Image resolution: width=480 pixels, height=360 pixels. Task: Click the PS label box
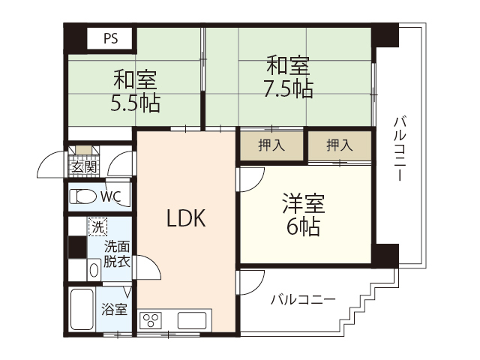(110, 37)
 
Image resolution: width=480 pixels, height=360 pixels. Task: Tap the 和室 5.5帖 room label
(136, 90)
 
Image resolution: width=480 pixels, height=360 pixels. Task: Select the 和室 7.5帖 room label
(288, 77)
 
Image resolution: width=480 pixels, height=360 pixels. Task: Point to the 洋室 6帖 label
(303, 214)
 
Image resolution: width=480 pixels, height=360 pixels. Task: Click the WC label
(110, 197)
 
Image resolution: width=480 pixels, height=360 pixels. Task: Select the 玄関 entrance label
(83, 167)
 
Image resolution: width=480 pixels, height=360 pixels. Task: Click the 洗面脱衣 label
(116, 253)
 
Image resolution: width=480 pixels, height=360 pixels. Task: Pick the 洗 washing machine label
(97, 225)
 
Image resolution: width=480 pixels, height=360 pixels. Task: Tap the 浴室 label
(115, 309)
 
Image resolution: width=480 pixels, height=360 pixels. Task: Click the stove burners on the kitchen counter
(150, 320)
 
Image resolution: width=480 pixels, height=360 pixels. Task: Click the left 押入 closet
(271, 145)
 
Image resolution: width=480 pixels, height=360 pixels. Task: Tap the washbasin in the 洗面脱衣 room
(94, 268)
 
